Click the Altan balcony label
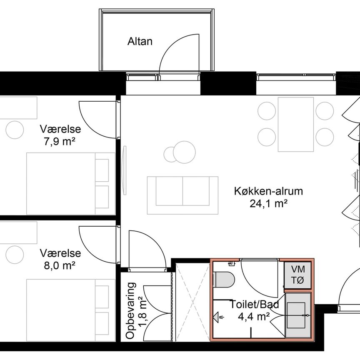click(x=140, y=41)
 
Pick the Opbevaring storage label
click(x=131, y=310)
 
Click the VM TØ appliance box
click(x=297, y=275)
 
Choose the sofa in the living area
click(x=182, y=195)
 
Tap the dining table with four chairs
click(x=296, y=124)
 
